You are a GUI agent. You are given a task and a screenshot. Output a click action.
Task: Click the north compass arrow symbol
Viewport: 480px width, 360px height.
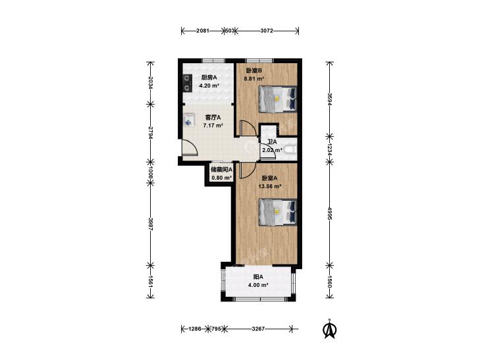(x=330, y=329)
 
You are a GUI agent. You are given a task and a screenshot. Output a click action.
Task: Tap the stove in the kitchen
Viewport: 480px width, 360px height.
(x=188, y=83)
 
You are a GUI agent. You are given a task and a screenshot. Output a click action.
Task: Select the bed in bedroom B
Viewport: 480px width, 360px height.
(x=278, y=99)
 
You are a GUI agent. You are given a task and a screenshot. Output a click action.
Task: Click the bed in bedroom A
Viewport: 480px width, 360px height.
(x=278, y=213)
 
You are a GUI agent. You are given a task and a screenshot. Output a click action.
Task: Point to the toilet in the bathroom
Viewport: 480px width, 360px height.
(x=290, y=149)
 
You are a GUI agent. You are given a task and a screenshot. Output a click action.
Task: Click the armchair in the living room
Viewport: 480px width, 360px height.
(x=189, y=120)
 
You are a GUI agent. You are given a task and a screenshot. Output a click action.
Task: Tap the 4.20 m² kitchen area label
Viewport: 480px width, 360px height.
(x=209, y=86)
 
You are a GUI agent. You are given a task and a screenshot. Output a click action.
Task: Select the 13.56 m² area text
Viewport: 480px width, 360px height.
(x=271, y=186)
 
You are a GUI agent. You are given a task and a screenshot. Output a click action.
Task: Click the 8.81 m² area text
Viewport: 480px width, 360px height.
(x=253, y=78)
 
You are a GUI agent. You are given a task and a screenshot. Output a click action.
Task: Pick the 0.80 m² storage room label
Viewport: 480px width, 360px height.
(x=222, y=178)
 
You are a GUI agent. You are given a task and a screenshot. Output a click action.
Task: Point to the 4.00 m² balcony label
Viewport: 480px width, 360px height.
(x=258, y=285)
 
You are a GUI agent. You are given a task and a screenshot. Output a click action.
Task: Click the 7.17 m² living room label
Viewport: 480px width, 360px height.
(x=213, y=125)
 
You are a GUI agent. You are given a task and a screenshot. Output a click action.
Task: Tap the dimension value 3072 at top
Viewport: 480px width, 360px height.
(x=267, y=30)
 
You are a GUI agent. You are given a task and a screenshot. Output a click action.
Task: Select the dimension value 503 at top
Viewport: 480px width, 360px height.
(x=230, y=30)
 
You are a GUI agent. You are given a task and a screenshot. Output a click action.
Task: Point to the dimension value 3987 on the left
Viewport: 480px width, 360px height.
(x=150, y=224)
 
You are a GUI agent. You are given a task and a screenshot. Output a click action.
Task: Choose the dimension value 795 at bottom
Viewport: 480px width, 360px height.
(x=216, y=329)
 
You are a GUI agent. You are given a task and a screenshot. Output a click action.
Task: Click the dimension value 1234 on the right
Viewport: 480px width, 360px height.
(x=330, y=149)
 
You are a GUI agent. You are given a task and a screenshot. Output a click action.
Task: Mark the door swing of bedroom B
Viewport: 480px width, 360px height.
(x=248, y=128)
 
